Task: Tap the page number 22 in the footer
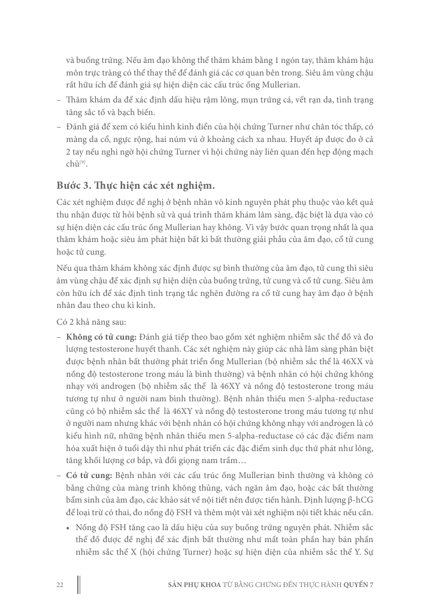(60, 585)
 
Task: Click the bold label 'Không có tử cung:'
(101, 338)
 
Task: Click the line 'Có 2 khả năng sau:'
(87, 322)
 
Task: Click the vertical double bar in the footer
(79, 585)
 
